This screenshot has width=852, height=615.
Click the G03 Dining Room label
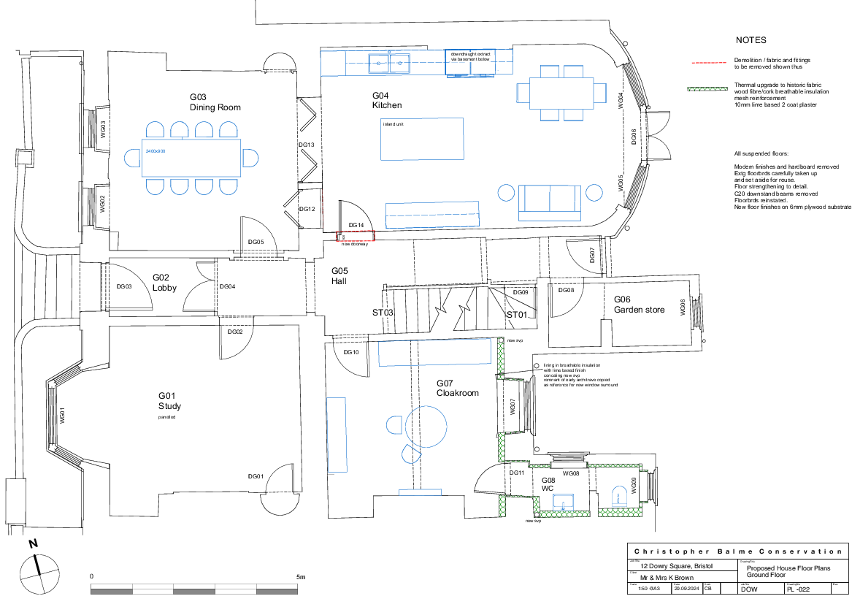pyautogui.click(x=215, y=102)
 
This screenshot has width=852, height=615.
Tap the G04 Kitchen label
pyautogui.click(x=387, y=101)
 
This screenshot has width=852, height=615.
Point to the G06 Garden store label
pyautogui.click(x=639, y=305)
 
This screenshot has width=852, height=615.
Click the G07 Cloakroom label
pyautogui.click(x=458, y=389)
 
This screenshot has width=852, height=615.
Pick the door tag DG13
pyautogui.click(x=307, y=145)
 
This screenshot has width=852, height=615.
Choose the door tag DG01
pyautogui.click(x=256, y=476)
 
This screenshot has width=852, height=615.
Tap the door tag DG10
pyautogui.click(x=351, y=352)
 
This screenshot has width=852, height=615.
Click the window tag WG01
pyautogui.click(x=63, y=416)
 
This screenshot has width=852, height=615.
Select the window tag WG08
pyautogui.click(x=571, y=474)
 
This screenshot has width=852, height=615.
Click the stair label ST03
pyautogui.click(x=383, y=313)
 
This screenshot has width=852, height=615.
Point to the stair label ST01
pyautogui.click(x=517, y=315)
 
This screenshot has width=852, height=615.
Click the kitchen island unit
pyautogui.click(x=422, y=139)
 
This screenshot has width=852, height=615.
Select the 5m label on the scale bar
pyautogui.click(x=301, y=577)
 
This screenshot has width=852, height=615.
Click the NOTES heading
pyautogui.click(x=751, y=40)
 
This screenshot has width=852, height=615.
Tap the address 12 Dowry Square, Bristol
pyautogui.click(x=676, y=566)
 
